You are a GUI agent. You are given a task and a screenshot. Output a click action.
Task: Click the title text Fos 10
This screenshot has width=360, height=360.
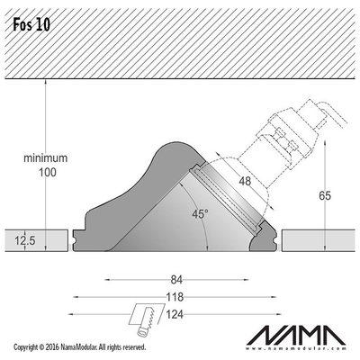pyautogui.click(x=31, y=25)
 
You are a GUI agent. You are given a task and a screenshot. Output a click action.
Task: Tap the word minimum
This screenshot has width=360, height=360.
pyautogui.click(x=46, y=158)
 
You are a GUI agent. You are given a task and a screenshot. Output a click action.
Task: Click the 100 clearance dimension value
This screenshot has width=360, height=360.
pyautogui.click(x=47, y=173)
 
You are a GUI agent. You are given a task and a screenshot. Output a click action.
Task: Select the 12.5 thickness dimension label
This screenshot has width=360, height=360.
pyautogui.click(x=25, y=240)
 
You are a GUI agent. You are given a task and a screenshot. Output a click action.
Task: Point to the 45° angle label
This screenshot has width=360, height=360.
pyautogui.click(x=201, y=214)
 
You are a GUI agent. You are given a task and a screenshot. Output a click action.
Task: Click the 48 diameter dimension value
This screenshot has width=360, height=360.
pyautogui.click(x=245, y=181)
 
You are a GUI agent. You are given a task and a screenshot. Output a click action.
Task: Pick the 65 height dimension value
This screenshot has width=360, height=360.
pyautogui.click(x=325, y=196)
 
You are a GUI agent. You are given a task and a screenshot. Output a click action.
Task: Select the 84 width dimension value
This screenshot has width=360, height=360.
pyautogui.click(x=176, y=280)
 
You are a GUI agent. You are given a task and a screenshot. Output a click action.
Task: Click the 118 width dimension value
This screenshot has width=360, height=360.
pyautogui.click(x=175, y=297)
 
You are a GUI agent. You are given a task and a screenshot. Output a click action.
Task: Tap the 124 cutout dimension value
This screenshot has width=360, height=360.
pyautogui.click(x=175, y=314)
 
